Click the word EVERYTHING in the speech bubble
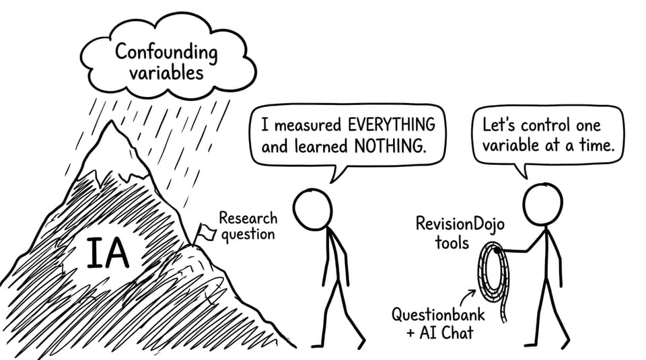(x=392, y=124)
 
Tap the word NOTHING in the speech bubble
(x=390, y=146)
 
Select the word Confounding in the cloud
(x=166, y=53)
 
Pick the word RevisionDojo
(x=460, y=223)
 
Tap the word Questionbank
(x=438, y=315)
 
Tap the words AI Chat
(x=447, y=333)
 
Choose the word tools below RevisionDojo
(x=452, y=243)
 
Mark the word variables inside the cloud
(x=166, y=73)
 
